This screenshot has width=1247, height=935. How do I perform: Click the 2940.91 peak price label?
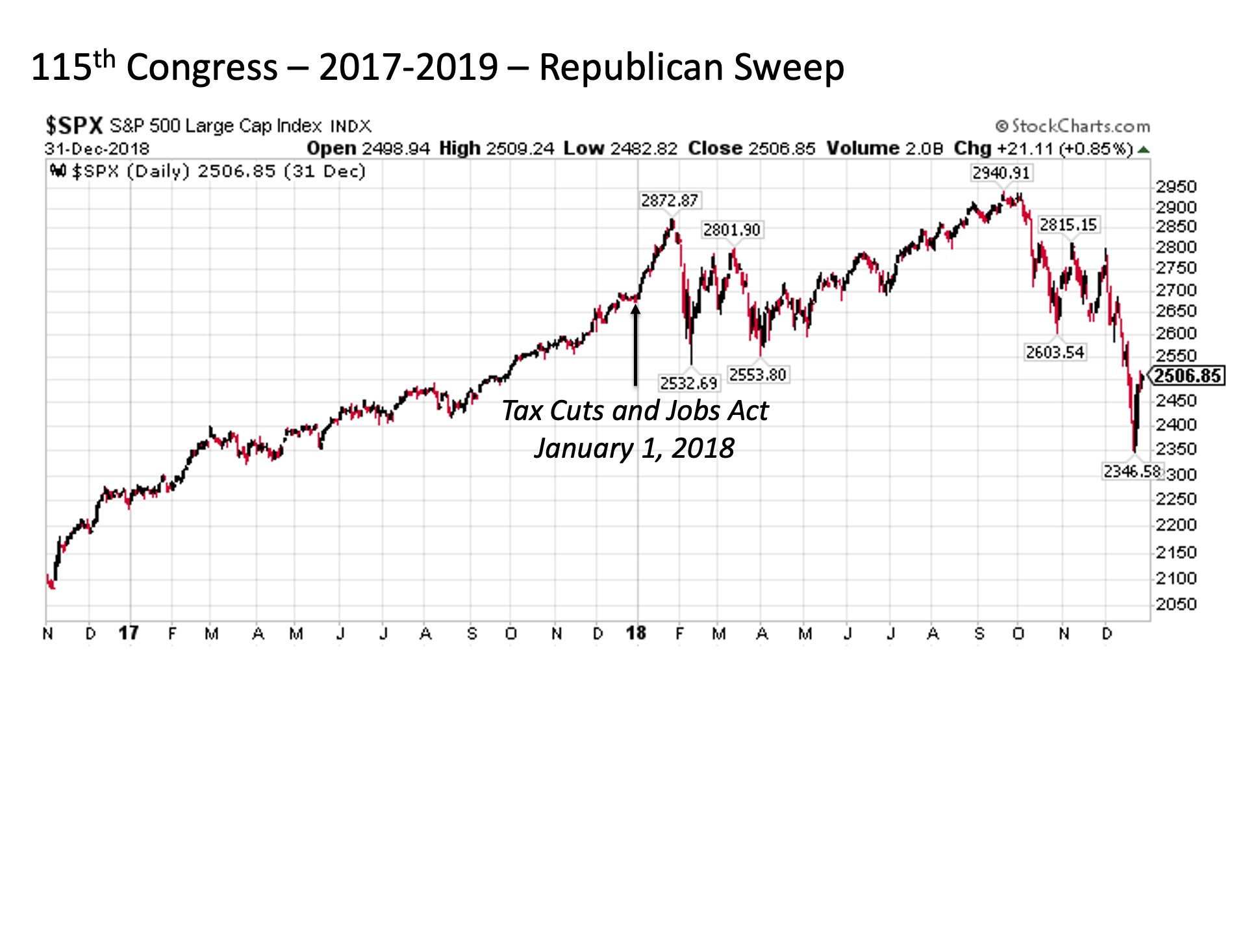[x=1000, y=173]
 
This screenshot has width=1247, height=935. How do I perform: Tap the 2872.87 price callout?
[x=669, y=201]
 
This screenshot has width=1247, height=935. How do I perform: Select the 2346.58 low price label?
[x=1132, y=471]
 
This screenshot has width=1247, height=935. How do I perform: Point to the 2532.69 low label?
[x=688, y=383]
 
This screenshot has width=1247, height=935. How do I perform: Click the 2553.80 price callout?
[x=757, y=375]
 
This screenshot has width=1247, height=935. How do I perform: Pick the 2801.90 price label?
[x=731, y=230]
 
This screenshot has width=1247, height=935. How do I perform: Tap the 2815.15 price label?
[x=1068, y=225]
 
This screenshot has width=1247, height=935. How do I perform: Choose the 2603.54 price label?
[x=1055, y=352]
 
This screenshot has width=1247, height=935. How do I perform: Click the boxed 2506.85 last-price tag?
[x=1188, y=376]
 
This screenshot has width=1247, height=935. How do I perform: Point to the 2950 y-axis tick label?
[x=1176, y=187]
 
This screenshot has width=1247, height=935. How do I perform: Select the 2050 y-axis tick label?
[x=1176, y=605]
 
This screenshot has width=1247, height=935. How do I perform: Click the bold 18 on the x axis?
[x=636, y=633]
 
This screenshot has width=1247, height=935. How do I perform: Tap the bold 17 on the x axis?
[x=129, y=633]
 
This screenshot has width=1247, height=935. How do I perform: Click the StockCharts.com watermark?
[x=1073, y=126]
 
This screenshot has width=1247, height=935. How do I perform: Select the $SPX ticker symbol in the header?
[x=73, y=125]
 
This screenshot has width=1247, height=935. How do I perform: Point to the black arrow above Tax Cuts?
[x=636, y=344]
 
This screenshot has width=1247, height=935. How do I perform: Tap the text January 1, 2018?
[x=634, y=448]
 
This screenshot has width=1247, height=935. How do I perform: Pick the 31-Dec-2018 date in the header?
[x=97, y=149]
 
